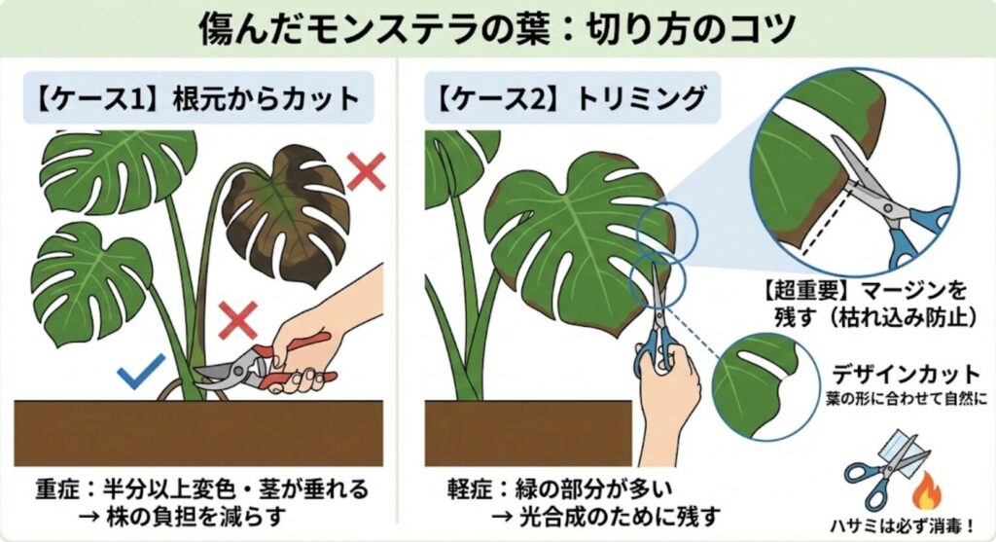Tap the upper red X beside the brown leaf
click(x=367, y=172)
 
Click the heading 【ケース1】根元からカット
click(x=198, y=97)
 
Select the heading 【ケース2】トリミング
click(x=570, y=97)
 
